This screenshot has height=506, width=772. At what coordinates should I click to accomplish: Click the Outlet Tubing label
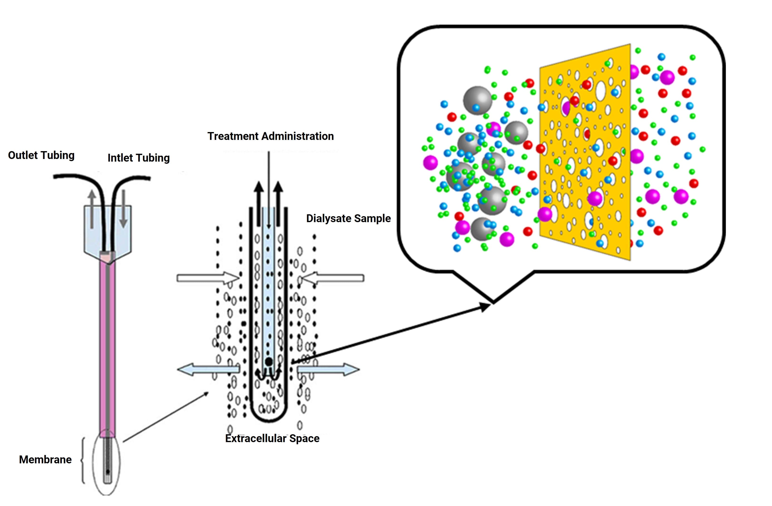41,155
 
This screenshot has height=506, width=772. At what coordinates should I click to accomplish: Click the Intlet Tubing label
138,158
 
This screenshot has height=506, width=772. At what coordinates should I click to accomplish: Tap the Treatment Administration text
270,136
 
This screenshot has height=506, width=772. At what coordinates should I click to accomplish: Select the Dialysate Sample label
348,218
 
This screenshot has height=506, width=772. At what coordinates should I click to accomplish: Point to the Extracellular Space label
272,439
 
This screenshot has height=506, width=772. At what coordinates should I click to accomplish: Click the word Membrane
46,460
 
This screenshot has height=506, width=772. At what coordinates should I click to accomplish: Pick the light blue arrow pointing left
208,370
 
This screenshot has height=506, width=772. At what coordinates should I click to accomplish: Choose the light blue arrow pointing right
328,369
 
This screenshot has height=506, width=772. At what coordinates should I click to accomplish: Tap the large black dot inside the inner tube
269,362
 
